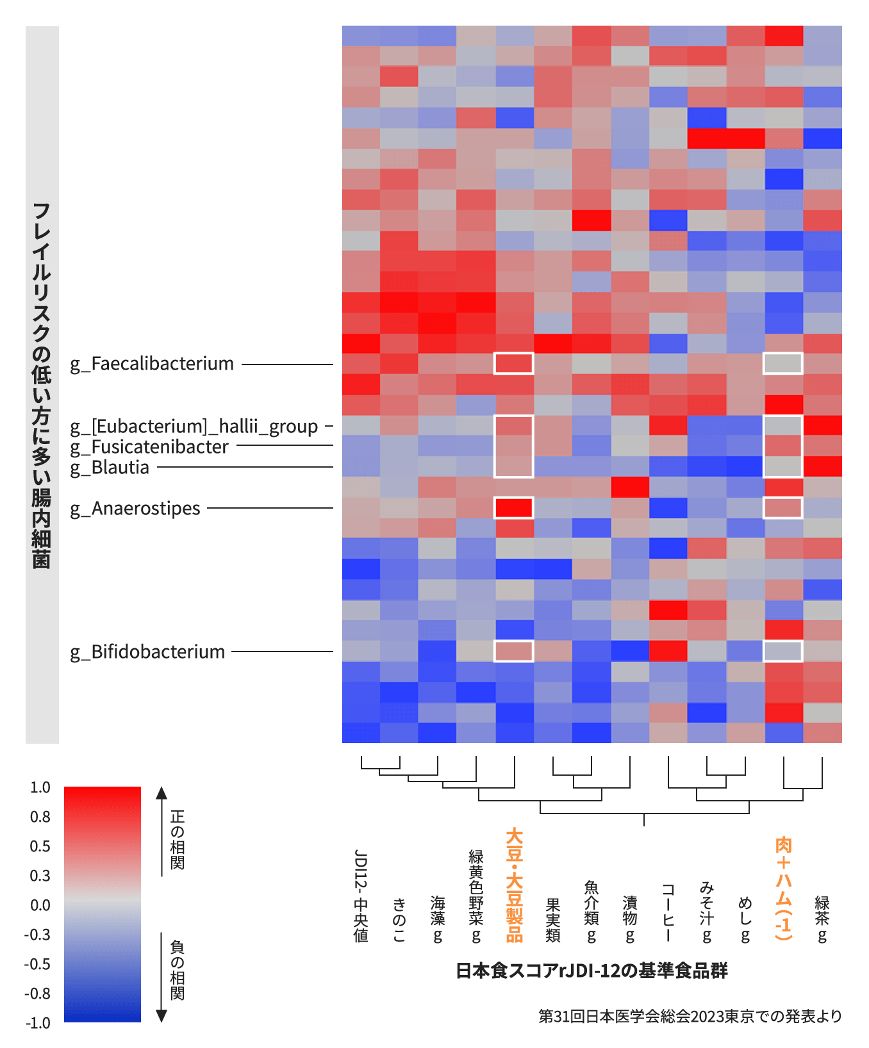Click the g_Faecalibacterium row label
[x=152, y=364]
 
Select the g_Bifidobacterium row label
[x=147, y=652]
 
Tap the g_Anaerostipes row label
[x=135, y=509]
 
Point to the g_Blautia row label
[x=110, y=468]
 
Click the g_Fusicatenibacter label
[x=149, y=447]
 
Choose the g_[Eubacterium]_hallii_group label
[x=194, y=427]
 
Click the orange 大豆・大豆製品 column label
[x=515, y=885]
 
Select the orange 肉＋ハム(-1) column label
[x=784, y=888]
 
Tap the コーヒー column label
[x=668, y=913]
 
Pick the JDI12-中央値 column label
[x=361, y=896]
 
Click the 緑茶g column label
[x=822, y=919]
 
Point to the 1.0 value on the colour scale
[x=40, y=787]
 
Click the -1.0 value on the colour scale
[x=37, y=1023]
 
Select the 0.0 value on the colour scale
[x=40, y=905]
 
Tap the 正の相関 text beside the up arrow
[x=178, y=839]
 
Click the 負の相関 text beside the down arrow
[x=178, y=970]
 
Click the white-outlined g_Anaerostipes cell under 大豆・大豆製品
[x=514, y=507]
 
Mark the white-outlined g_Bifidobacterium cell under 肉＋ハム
[x=783, y=651]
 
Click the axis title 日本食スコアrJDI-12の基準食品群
[x=592, y=971]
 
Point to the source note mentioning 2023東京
[x=690, y=1017]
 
